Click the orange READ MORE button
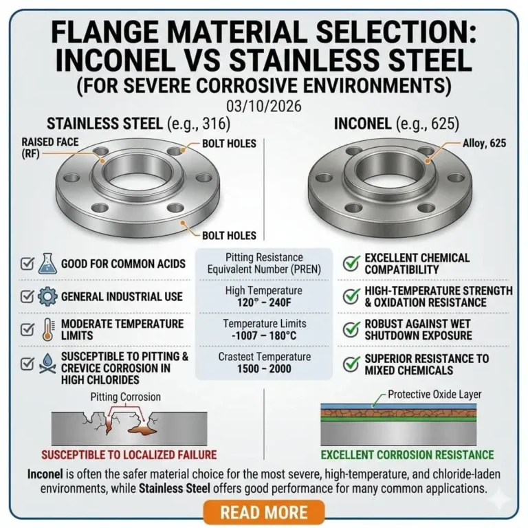click(x=264, y=512)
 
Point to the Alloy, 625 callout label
click(x=474, y=143)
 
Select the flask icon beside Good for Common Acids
click(x=47, y=263)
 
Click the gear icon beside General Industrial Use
click(x=47, y=296)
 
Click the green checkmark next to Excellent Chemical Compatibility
click(x=351, y=263)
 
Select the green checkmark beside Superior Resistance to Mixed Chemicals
click(x=351, y=364)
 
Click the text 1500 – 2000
click(x=263, y=369)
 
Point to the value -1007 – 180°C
click(x=263, y=336)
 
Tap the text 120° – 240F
click(x=263, y=303)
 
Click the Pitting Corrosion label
click(x=126, y=397)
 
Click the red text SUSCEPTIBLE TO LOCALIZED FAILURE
click(x=129, y=454)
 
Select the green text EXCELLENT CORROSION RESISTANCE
click(x=407, y=454)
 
